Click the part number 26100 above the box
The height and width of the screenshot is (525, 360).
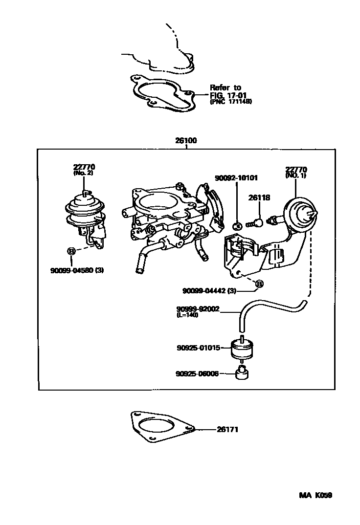(186, 141)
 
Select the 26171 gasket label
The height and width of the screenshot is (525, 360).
(227, 429)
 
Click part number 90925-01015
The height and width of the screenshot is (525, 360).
(199, 348)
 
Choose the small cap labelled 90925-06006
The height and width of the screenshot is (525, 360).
(242, 372)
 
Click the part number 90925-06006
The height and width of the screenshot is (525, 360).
(197, 373)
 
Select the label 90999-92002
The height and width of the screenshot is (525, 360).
(198, 309)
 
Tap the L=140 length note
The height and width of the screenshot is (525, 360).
(187, 315)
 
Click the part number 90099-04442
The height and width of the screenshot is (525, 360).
(204, 291)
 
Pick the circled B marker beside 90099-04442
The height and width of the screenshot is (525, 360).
(259, 284)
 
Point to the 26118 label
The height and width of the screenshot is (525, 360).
(259, 198)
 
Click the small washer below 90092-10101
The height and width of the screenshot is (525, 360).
(237, 226)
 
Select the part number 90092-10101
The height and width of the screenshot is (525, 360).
(236, 178)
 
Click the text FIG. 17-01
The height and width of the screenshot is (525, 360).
(228, 95)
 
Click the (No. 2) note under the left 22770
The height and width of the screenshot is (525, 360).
(83, 173)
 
